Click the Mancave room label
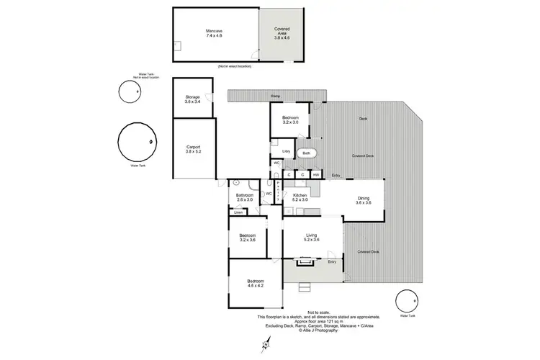(x=214, y=33)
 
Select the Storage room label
(x=192, y=99)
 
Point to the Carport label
(x=192, y=149)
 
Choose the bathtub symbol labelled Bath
(x=307, y=153)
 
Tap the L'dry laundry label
(x=286, y=151)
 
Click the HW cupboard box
(x=316, y=175)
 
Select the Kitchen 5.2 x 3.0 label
(x=300, y=197)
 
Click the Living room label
(x=312, y=237)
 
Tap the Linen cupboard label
(x=238, y=212)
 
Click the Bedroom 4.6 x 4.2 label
(x=256, y=283)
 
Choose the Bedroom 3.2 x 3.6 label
(x=246, y=238)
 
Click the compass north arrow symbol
(x=266, y=343)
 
